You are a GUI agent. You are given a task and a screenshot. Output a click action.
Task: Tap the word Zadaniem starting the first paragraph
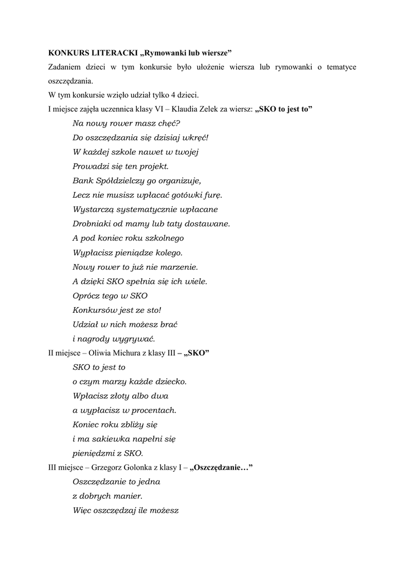(65, 67)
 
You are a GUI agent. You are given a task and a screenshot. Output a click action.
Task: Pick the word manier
(126, 496)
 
